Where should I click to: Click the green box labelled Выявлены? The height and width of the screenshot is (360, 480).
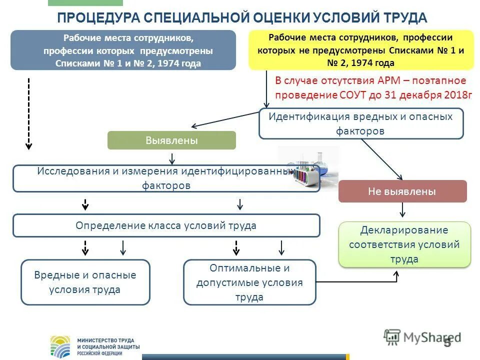coord(171,140)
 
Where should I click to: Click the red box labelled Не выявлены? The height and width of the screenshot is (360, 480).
coord(402,191)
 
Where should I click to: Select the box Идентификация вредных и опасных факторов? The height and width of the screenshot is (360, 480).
coord(360,123)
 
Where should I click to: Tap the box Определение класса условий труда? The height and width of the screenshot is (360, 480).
coord(166,225)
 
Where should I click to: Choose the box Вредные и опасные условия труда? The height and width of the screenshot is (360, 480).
coord(85,282)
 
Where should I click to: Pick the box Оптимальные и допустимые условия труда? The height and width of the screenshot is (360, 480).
coord(249,282)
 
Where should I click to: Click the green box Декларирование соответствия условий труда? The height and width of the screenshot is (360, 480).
coord(404,244)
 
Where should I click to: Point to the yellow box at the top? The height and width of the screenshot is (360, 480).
coord(360,50)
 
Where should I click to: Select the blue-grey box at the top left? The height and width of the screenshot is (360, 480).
coord(123,50)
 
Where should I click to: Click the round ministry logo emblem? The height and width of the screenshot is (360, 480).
coord(61,346)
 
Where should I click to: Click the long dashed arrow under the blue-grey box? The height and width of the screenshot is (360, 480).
coord(29,113)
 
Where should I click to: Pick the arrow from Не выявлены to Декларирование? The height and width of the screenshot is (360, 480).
coord(402,210)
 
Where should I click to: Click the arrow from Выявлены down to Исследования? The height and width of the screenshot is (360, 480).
coord(172,158)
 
